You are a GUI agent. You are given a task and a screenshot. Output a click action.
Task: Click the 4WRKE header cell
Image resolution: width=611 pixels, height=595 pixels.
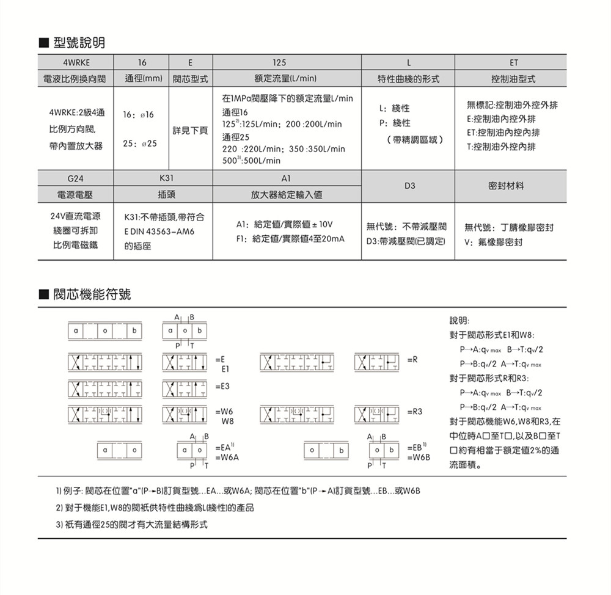(76, 63)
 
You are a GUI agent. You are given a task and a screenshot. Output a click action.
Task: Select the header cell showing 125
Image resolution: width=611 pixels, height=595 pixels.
(279, 63)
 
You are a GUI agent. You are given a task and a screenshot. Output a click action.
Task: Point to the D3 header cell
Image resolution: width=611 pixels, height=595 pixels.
(408, 186)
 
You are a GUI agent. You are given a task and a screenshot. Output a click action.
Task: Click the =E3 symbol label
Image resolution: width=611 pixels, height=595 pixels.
(223, 387)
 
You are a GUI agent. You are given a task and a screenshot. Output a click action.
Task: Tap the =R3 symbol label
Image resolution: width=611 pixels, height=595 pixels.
(414, 412)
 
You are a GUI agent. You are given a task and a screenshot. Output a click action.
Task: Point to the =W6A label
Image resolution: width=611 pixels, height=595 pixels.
(227, 457)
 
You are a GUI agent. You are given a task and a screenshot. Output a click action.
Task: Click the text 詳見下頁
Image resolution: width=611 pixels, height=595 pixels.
(190, 130)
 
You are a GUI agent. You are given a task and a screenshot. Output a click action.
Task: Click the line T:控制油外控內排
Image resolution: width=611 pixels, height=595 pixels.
(501, 147)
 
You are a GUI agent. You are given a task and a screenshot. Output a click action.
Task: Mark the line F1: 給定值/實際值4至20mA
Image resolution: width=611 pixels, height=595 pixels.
(290, 238)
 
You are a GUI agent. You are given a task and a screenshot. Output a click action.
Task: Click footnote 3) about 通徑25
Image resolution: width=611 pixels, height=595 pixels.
(131, 524)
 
